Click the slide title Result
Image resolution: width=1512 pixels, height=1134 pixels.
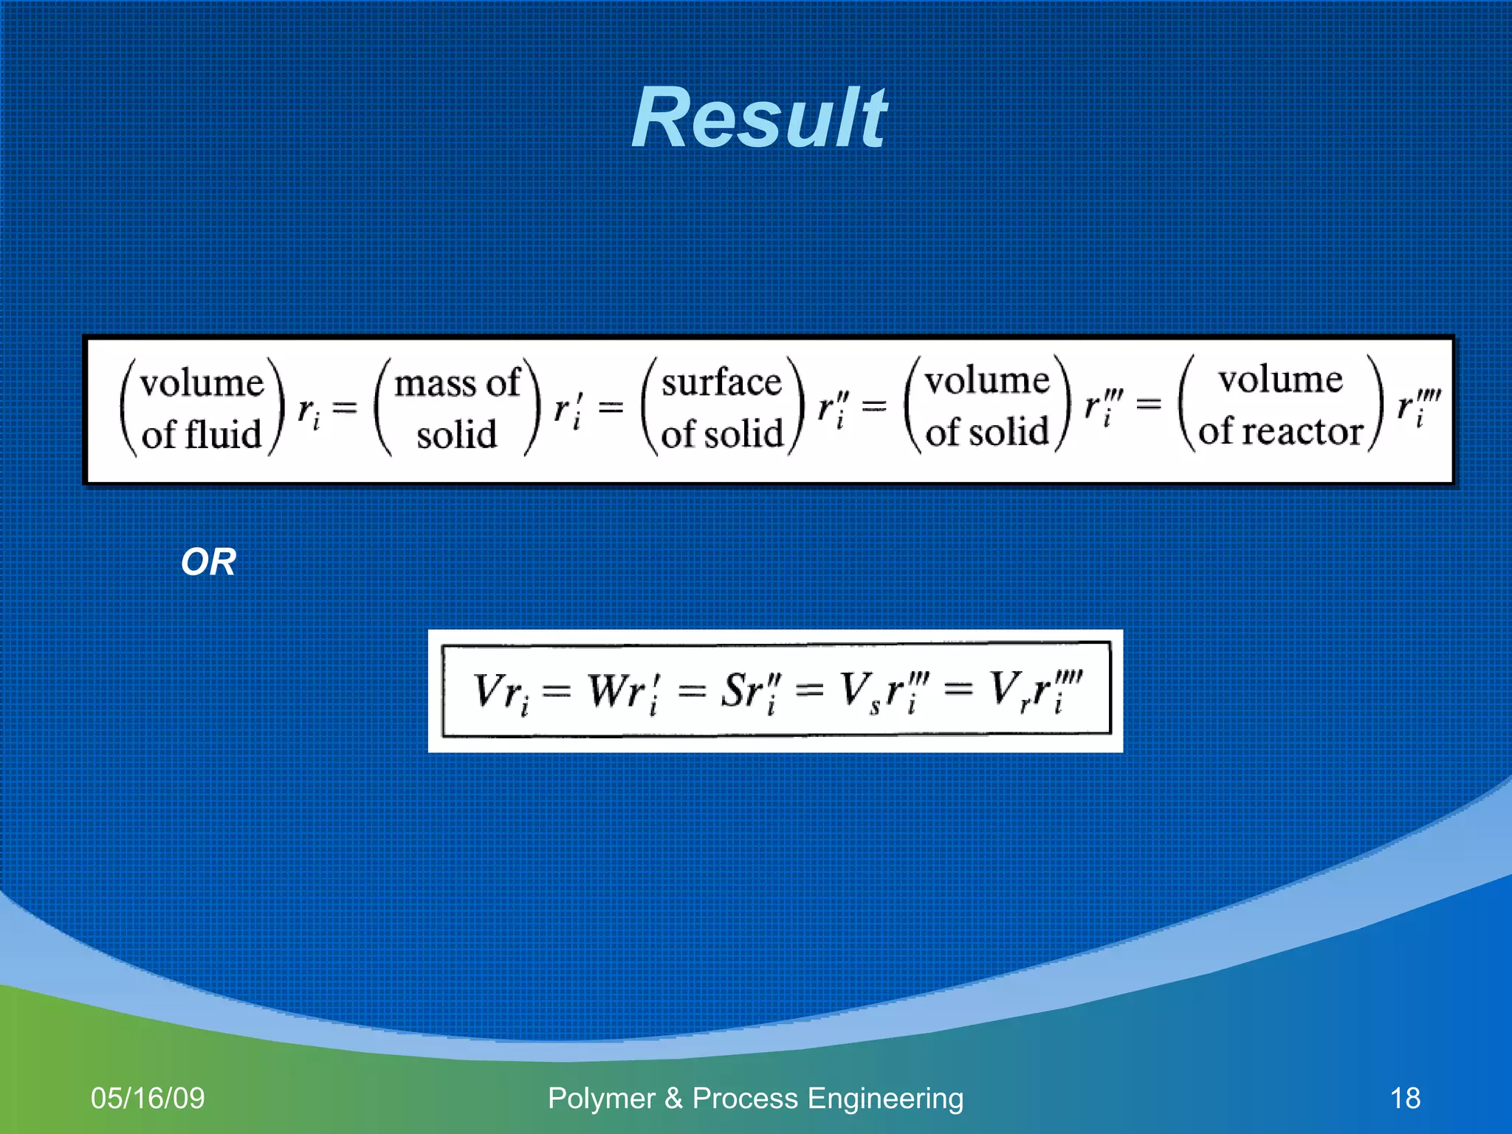coord(759,118)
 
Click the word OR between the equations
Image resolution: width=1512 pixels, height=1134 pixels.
coord(208,563)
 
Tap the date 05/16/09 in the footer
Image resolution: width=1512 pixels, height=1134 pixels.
coord(148,1098)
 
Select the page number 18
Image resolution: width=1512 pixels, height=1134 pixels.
coord(1405,1098)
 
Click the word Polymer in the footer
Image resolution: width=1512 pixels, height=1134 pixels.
coord(601,1098)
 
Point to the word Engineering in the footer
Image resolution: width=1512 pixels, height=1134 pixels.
coord(885,1098)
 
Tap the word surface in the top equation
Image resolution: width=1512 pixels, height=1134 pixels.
coord(721,382)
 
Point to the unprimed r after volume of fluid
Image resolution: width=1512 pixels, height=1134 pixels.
coord(308,410)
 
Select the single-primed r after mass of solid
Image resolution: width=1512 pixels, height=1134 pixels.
coord(567,408)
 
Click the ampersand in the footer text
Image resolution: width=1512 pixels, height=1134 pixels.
coord(673,1098)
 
